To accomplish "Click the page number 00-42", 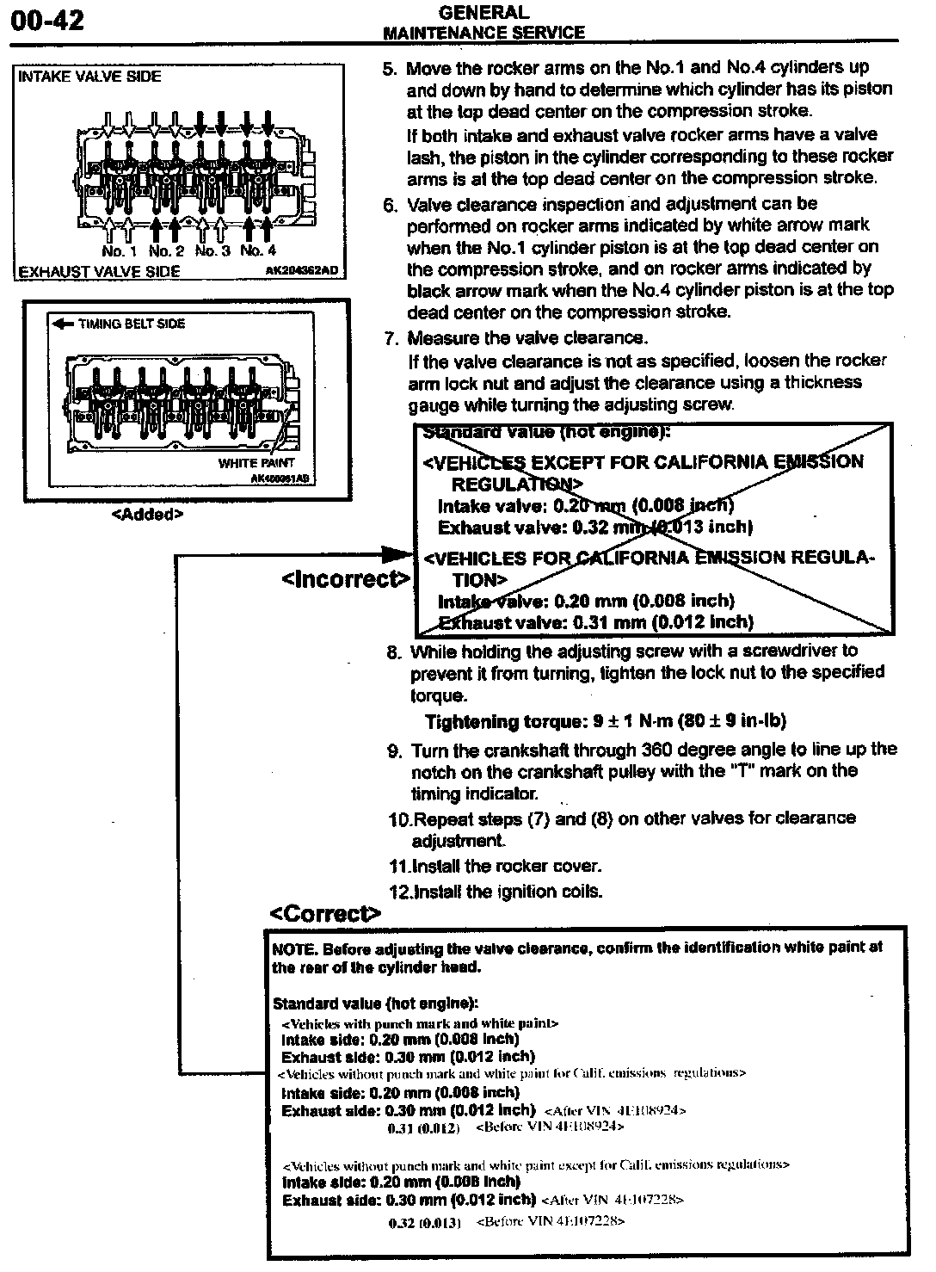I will click(x=46, y=20).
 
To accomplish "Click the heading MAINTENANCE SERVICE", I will click(x=483, y=33).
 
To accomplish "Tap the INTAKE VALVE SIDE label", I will click(x=89, y=77).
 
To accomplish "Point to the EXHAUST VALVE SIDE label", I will click(x=100, y=271).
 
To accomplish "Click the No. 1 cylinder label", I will click(x=119, y=251).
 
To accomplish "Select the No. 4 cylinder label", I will click(x=258, y=251).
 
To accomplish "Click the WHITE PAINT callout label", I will click(x=256, y=463).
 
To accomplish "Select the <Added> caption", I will click(x=148, y=515).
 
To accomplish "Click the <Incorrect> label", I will click(x=346, y=579).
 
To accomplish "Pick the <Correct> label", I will click(x=324, y=913).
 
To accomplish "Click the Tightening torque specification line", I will click(x=605, y=722).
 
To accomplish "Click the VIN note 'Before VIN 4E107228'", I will click(x=550, y=1221).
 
